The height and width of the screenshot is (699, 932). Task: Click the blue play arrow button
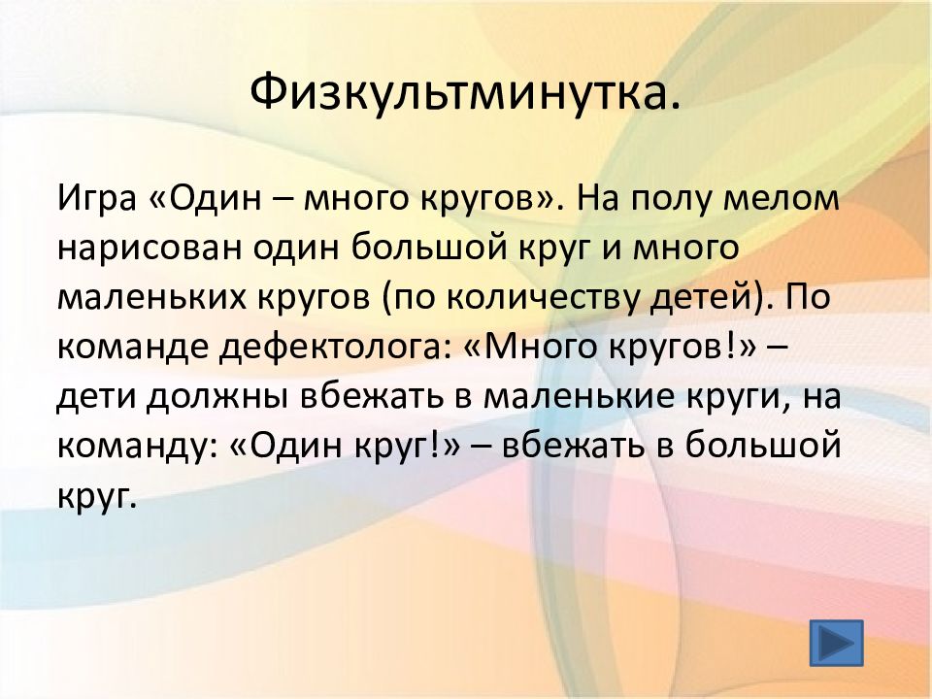pyautogui.click(x=836, y=643)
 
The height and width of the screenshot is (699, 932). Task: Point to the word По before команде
pyautogui.click(x=807, y=297)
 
